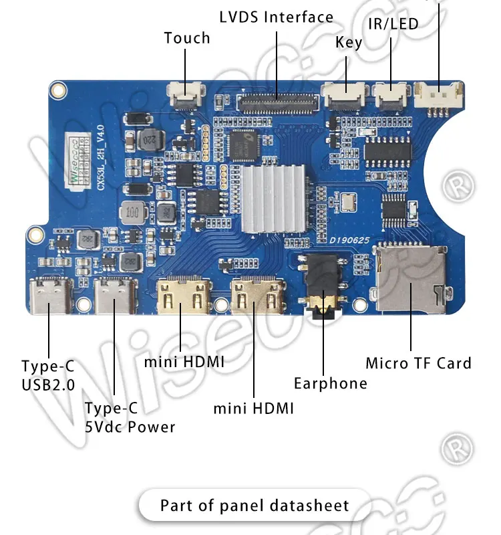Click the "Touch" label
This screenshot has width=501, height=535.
click(x=187, y=38)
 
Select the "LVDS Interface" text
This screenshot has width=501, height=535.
click(x=276, y=17)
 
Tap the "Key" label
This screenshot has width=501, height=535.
click(x=349, y=43)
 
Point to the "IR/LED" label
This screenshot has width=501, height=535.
click(x=393, y=24)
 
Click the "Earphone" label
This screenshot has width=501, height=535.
click(x=330, y=383)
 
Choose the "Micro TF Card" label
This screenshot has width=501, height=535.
click(x=418, y=363)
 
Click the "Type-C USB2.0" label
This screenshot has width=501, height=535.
click(x=48, y=375)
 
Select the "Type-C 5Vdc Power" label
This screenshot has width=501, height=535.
click(x=130, y=417)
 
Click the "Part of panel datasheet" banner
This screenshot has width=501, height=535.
click(x=255, y=505)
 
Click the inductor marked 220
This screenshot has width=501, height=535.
click(x=148, y=140)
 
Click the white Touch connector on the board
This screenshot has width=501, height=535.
click(x=185, y=96)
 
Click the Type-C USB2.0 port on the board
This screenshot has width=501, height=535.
click(x=50, y=295)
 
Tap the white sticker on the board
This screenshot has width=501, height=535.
click(x=77, y=159)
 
